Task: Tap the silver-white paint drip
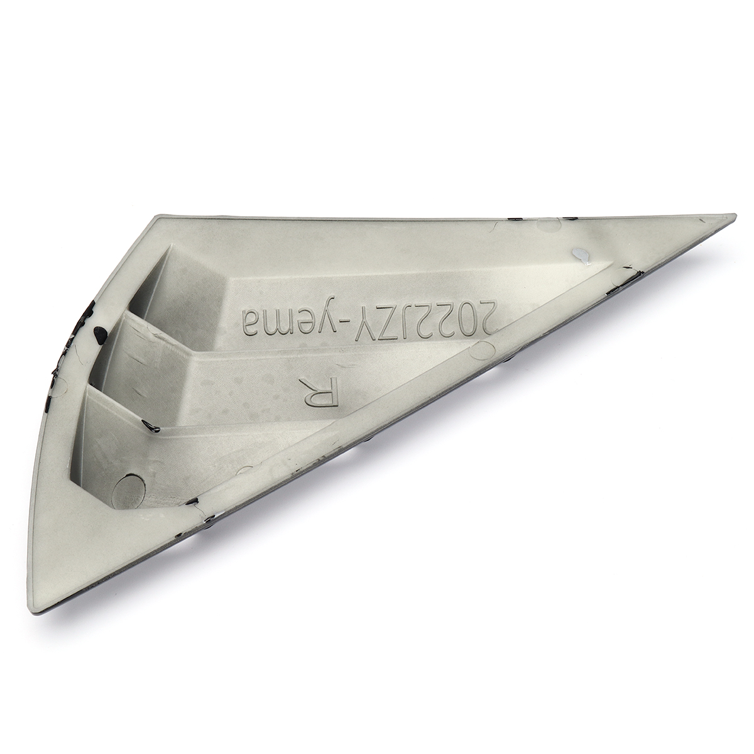coord(581,255)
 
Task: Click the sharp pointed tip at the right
coord(733,216)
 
